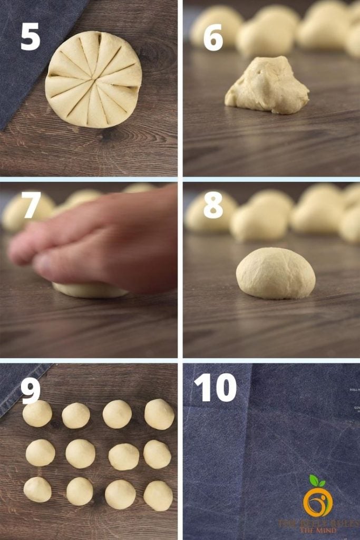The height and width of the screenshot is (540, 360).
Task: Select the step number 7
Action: click(31, 205)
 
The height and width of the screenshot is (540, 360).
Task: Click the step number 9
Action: click(31, 391)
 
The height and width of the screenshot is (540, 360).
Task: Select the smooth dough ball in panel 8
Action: click(276, 273)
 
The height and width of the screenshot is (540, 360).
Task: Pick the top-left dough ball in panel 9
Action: click(37, 413)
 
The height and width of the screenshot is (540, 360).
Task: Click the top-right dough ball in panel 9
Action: click(159, 414)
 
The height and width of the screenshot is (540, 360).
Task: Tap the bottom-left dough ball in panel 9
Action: click(37, 489)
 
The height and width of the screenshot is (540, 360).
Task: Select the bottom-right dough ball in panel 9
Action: click(158, 496)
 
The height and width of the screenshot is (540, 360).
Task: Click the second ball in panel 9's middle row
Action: click(81, 454)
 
